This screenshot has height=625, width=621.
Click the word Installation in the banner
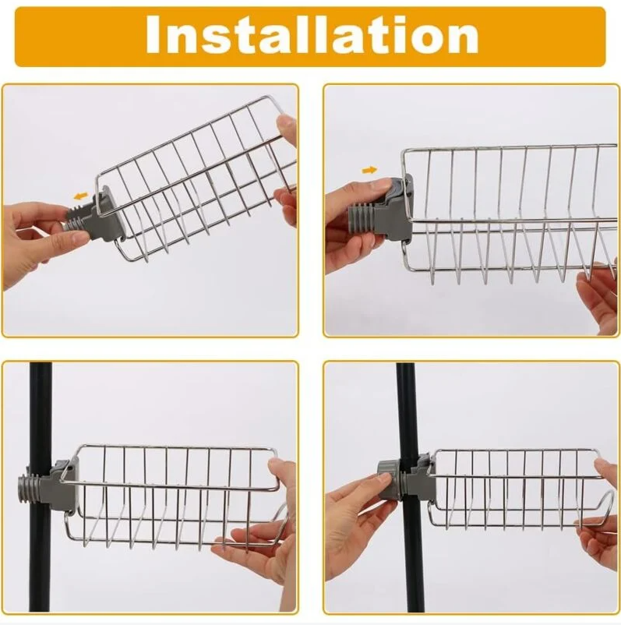pos(312,35)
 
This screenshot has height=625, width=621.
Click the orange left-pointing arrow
pos(81,196)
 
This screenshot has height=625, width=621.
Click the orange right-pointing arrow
pos(369,170)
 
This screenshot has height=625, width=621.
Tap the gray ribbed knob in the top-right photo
pos(362,218)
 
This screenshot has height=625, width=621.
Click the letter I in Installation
pos(153,36)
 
